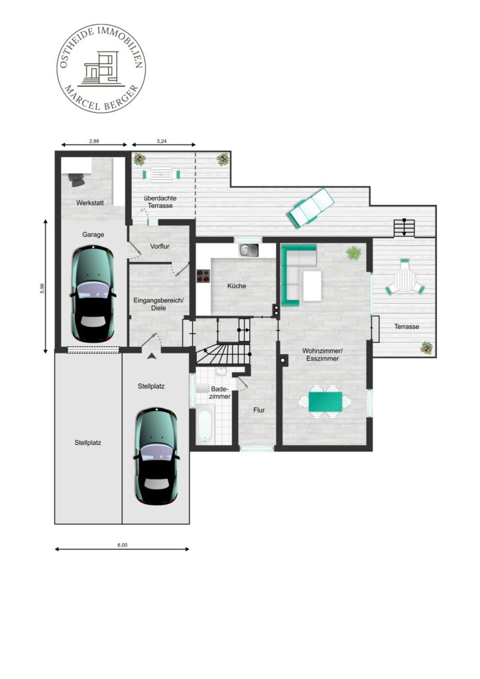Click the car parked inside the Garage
93,294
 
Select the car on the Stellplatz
156,456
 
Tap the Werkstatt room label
90,203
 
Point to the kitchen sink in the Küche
249,250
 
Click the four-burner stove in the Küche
203,277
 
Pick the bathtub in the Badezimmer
205,424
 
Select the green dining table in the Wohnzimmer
326,402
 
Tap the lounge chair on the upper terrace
312,208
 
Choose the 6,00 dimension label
122,545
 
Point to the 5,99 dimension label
42,288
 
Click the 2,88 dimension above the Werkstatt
94,141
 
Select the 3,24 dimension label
162,141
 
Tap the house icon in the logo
101,68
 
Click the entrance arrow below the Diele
151,356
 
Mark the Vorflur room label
160,247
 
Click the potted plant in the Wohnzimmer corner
353,253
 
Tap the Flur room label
259,410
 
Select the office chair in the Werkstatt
77,179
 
